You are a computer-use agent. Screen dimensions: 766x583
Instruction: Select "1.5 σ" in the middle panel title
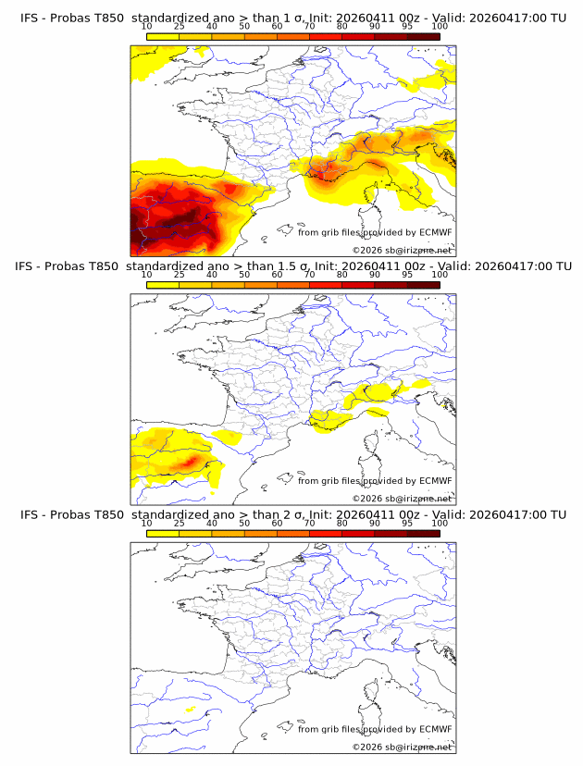pyautogui.click(x=304, y=266)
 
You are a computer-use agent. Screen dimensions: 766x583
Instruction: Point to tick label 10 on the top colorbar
pyautogui.click(x=147, y=28)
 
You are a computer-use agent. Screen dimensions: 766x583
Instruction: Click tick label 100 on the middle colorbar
pyautogui.click(x=440, y=276)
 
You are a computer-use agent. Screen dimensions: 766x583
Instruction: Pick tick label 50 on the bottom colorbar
pyautogui.click(x=244, y=525)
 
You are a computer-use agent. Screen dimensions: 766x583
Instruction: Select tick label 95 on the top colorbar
pyautogui.click(x=407, y=28)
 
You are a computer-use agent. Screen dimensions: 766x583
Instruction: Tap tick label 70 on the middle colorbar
pyautogui.click(x=310, y=276)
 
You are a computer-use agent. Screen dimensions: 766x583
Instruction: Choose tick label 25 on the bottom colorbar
pyautogui.click(x=180, y=525)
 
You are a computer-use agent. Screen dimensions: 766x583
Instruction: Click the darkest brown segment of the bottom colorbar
pyautogui.click(x=423, y=534)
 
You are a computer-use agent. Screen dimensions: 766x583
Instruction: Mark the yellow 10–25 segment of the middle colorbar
pyautogui.click(x=163, y=286)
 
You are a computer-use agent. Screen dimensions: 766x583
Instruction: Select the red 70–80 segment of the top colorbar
pyautogui.click(x=326, y=37)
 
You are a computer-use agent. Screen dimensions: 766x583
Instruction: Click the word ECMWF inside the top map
pyautogui.click(x=435, y=232)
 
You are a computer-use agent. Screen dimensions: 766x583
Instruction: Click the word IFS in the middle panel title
pyautogui.click(x=29, y=266)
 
